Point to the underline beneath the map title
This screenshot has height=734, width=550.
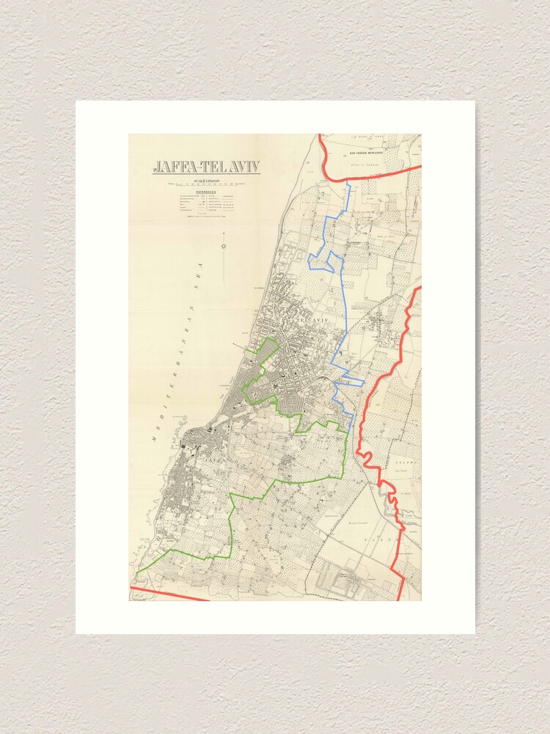[205, 174]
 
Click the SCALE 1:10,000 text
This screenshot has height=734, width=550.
[205, 181]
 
